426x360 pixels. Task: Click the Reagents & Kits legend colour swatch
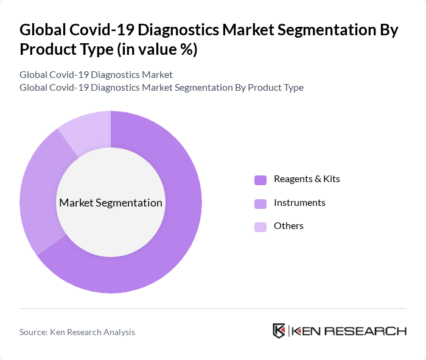[x=260, y=180]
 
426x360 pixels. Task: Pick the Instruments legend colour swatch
[x=260, y=203]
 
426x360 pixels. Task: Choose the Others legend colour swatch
[x=260, y=227]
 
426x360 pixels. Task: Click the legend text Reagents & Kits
[x=307, y=179]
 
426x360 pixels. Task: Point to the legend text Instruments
[x=299, y=202]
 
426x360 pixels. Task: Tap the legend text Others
[x=288, y=226]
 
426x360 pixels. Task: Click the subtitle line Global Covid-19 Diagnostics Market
[x=96, y=74]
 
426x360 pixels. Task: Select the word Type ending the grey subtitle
[x=292, y=87]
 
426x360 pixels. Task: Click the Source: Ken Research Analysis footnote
[x=77, y=332]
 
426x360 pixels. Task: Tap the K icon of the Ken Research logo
[x=279, y=331]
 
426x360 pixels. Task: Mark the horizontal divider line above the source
[x=213, y=308]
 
